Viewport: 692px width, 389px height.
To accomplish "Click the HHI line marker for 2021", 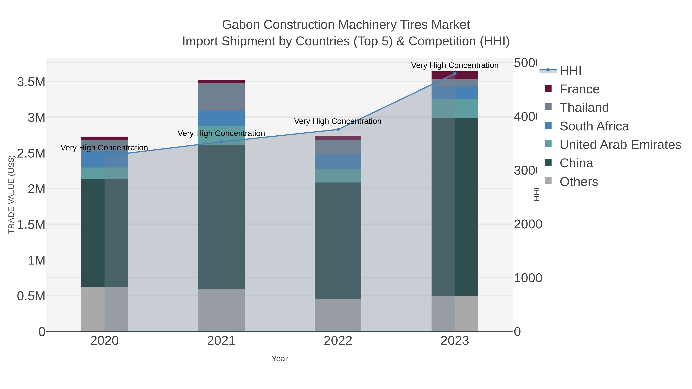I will (221, 142).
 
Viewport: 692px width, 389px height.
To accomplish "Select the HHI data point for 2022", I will (338, 129).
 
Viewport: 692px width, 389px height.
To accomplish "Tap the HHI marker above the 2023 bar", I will (455, 73).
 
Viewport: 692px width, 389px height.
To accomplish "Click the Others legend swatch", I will (548, 181).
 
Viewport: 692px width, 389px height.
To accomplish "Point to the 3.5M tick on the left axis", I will (31, 82).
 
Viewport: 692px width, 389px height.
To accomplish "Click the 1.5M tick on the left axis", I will (31, 224).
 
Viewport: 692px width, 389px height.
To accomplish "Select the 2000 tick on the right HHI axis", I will (528, 224).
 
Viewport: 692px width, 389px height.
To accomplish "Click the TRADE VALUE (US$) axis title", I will (11, 194).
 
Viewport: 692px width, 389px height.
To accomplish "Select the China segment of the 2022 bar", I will (338, 241).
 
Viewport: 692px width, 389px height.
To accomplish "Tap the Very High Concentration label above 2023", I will (455, 65).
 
